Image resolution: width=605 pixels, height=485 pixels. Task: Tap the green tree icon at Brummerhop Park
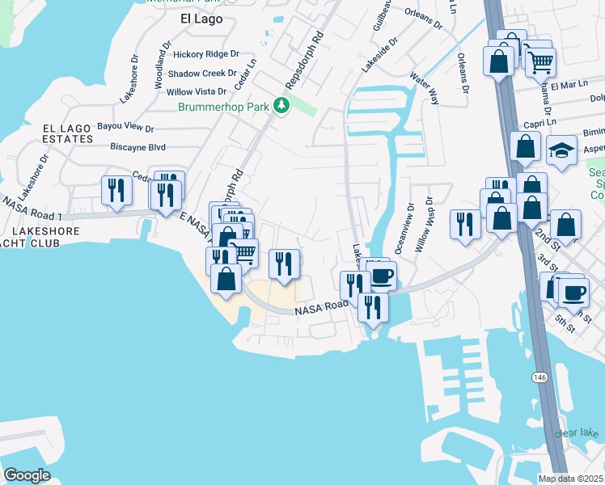(281, 106)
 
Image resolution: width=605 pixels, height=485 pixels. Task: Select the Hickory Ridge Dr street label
(206, 54)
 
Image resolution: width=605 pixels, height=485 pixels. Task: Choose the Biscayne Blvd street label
(137, 147)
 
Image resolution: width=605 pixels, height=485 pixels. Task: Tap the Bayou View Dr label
(125, 127)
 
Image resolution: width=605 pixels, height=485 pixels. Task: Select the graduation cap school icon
(561, 151)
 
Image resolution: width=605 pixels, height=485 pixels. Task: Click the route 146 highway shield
(538, 377)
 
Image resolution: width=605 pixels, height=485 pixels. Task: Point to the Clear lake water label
(576, 433)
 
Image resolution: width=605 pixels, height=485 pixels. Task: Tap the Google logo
(27, 474)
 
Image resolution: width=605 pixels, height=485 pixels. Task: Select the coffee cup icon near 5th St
(573, 293)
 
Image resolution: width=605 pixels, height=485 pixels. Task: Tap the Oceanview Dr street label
(402, 230)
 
